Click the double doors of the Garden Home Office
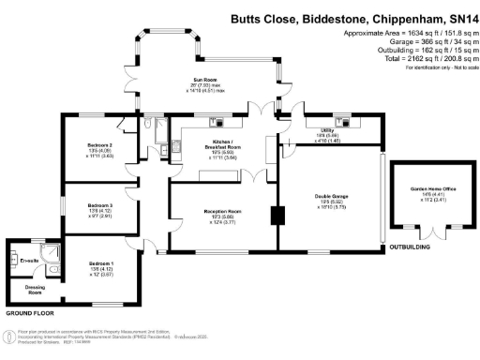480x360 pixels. tap(432, 231)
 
